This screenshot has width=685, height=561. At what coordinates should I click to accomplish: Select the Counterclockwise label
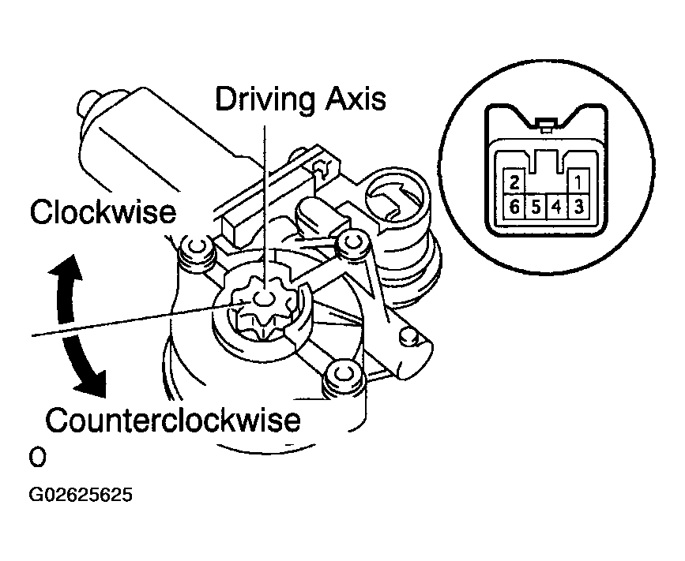173,419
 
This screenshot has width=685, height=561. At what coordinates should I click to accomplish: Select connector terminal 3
578,208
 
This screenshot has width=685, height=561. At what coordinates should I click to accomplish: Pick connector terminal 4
557,208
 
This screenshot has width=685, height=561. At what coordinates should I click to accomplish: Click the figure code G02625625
81,496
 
